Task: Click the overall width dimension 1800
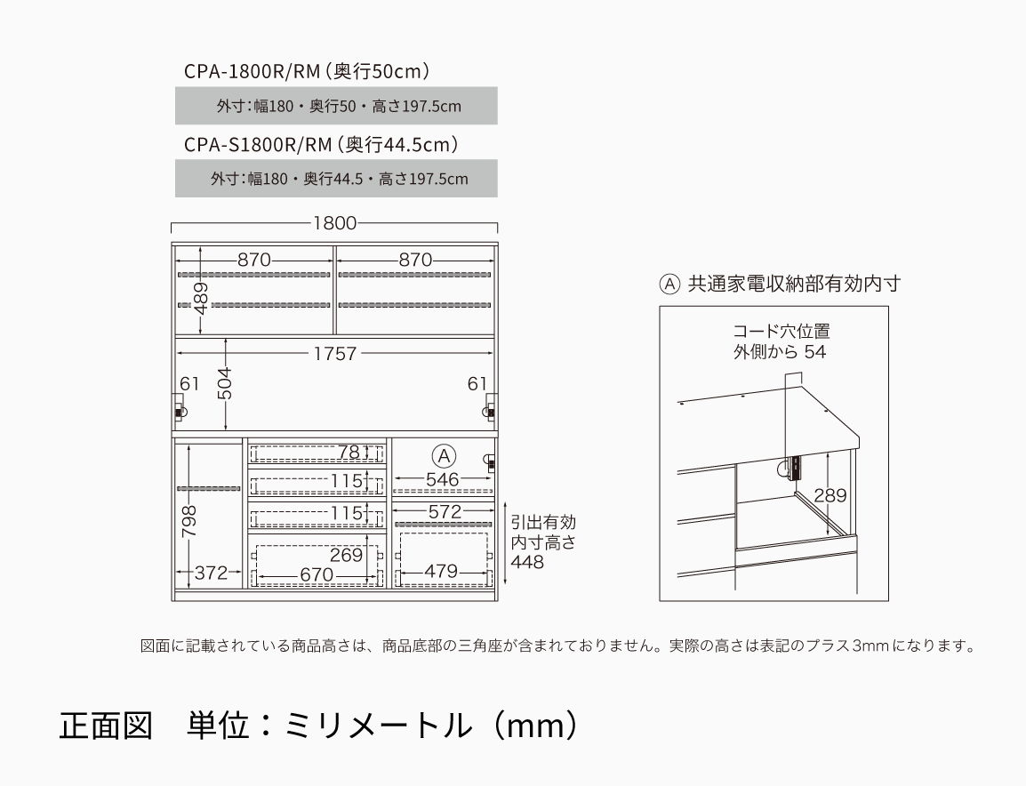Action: click(334, 223)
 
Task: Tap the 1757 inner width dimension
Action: click(335, 354)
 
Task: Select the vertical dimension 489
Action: click(201, 299)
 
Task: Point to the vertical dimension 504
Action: click(224, 383)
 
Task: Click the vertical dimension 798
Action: click(189, 521)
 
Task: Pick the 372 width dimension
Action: click(212, 573)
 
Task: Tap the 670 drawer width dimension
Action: click(316, 575)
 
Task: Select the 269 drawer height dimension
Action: click(346, 555)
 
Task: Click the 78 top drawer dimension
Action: click(349, 453)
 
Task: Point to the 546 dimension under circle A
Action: click(443, 480)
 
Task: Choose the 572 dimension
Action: click(445, 512)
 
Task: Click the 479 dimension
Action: click(441, 572)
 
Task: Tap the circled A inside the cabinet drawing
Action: click(445, 456)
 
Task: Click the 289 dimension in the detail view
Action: click(830, 495)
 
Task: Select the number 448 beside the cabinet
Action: click(527, 562)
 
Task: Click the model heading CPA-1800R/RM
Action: click(252, 71)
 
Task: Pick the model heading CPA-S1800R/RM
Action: click(258, 145)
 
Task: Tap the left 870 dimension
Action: click(254, 261)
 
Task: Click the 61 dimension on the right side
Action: click(477, 384)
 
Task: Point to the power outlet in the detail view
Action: click(795, 469)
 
